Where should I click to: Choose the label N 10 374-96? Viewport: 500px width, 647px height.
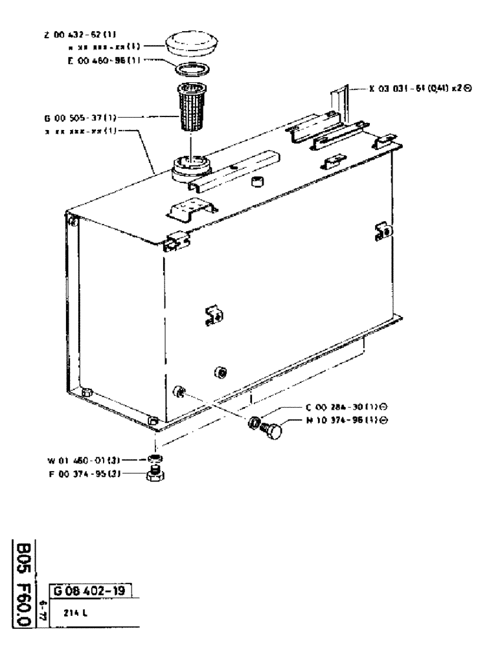click(x=338, y=420)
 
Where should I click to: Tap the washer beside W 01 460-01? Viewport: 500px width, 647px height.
click(x=155, y=459)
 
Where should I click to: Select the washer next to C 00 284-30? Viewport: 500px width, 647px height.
click(x=255, y=424)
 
